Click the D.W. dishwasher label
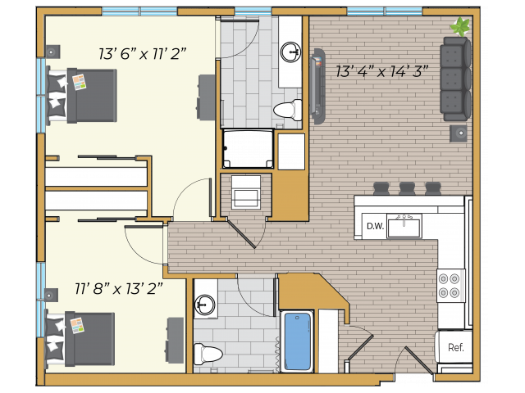click(x=375, y=226)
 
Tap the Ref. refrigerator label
click(x=456, y=347)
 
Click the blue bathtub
click(x=297, y=341)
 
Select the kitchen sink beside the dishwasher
click(x=404, y=226)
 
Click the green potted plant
click(x=461, y=26)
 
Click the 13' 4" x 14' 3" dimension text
click(x=382, y=71)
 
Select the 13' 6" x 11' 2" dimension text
click(x=142, y=53)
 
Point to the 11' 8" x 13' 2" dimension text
click(x=118, y=288)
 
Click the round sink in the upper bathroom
click(x=290, y=52)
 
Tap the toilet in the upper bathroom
click(x=288, y=110)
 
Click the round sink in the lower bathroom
click(x=204, y=304)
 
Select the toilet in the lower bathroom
click(x=208, y=354)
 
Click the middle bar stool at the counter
click(x=407, y=188)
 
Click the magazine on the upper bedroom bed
click(x=80, y=82)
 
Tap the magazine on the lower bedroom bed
click(x=77, y=326)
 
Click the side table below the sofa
click(x=458, y=133)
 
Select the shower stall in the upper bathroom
click(x=248, y=149)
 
